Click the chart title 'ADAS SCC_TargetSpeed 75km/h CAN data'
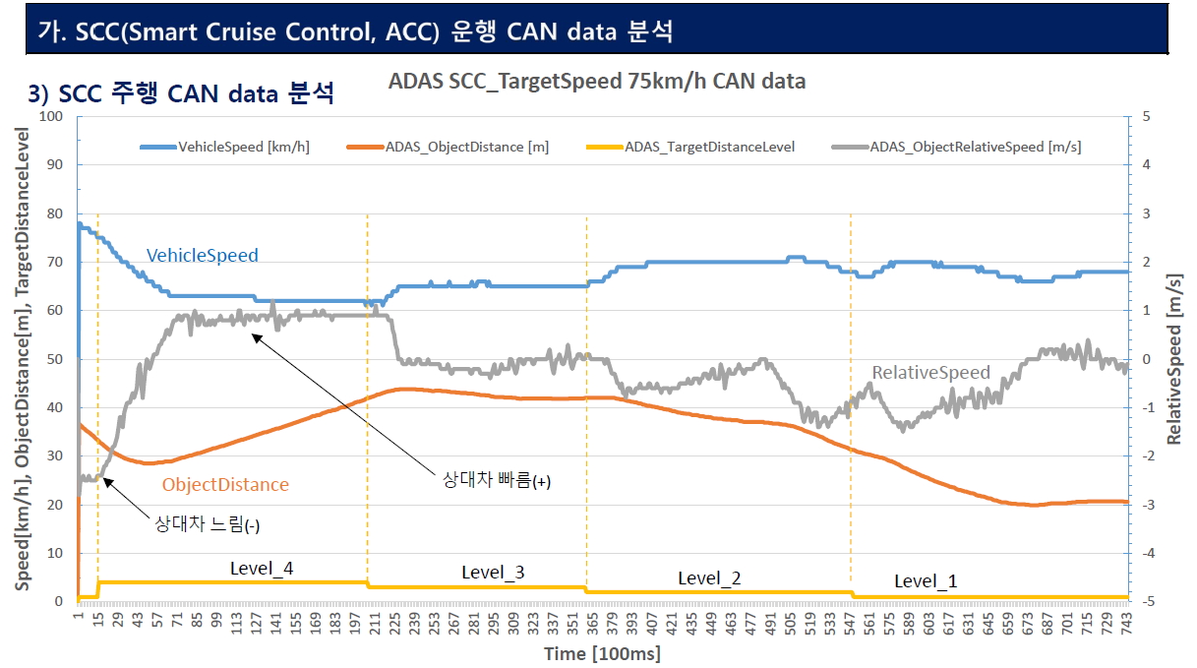(597, 82)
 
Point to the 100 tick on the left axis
(50, 117)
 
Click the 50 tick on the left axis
(54, 359)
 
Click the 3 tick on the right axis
(1145, 213)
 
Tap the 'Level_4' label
(262, 568)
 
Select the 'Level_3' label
(493, 573)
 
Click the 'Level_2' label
(709, 578)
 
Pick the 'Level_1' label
(926, 581)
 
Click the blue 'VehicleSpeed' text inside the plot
(203, 256)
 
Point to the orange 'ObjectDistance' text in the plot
(225, 485)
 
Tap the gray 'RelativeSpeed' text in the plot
(930, 373)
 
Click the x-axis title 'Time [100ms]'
(603, 654)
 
